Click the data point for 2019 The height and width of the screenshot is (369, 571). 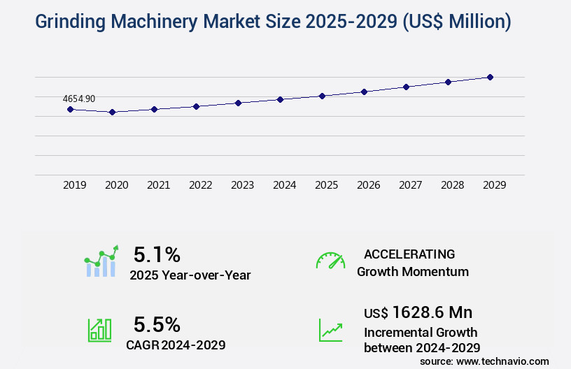(x=70, y=109)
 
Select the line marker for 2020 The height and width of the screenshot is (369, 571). (x=112, y=112)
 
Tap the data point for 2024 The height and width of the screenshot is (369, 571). (x=280, y=99)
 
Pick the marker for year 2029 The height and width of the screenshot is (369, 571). (x=490, y=77)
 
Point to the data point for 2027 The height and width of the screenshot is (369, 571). (x=406, y=87)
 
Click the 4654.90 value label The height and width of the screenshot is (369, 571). (x=79, y=99)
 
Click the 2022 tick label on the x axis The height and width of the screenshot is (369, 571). (x=200, y=185)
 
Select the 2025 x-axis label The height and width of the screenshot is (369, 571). (x=326, y=185)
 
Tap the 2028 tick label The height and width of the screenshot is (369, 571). (x=452, y=185)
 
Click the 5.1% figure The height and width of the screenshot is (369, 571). (x=157, y=254)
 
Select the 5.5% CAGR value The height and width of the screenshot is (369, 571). (x=157, y=324)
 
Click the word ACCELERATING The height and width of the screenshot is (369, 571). (x=409, y=254)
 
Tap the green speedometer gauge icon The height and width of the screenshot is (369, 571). (x=330, y=261)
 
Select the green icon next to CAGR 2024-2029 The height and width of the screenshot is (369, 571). (x=99, y=330)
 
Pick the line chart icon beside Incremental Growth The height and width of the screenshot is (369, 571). (x=330, y=330)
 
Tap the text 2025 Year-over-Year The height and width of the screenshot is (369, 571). (x=190, y=275)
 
